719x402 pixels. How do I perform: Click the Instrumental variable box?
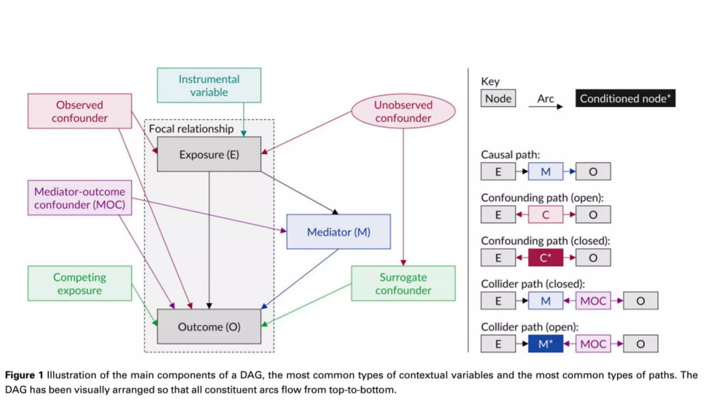[209, 86]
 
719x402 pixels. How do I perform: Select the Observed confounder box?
[80, 111]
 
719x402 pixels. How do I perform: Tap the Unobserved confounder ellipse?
[403, 111]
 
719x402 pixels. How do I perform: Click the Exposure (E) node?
[209, 154]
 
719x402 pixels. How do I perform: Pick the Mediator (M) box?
[338, 232]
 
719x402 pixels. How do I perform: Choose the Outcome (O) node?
[209, 326]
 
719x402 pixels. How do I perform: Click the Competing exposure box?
[80, 284]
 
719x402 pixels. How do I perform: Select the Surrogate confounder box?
[403, 284]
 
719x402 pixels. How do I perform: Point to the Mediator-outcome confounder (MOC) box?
[80, 198]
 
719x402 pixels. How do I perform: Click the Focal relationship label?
[191, 129]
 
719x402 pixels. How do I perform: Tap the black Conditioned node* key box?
[625, 98]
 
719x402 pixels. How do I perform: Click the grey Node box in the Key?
[498, 98]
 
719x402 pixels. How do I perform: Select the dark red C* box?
[546, 257]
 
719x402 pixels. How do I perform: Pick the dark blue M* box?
[546, 344]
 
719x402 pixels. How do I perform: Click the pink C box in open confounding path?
[546, 214]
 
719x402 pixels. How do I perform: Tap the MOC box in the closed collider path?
[593, 301]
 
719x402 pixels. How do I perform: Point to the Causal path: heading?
[510, 155]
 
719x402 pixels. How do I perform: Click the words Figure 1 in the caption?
[24, 375]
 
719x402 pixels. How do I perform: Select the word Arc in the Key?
[546, 98]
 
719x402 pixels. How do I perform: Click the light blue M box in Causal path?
[546, 172]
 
